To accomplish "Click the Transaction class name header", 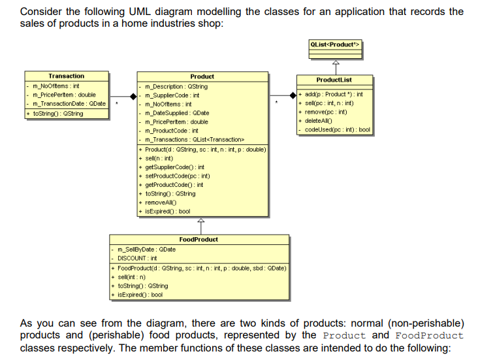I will coord(66,76).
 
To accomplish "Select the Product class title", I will coord(202,76).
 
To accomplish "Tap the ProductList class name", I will coord(334,80).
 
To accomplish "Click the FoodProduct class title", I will coord(199,240).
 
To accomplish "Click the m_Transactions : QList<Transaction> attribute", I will coord(194,139).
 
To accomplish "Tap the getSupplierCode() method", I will coord(174,167).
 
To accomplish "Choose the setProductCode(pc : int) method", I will coord(177,176).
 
